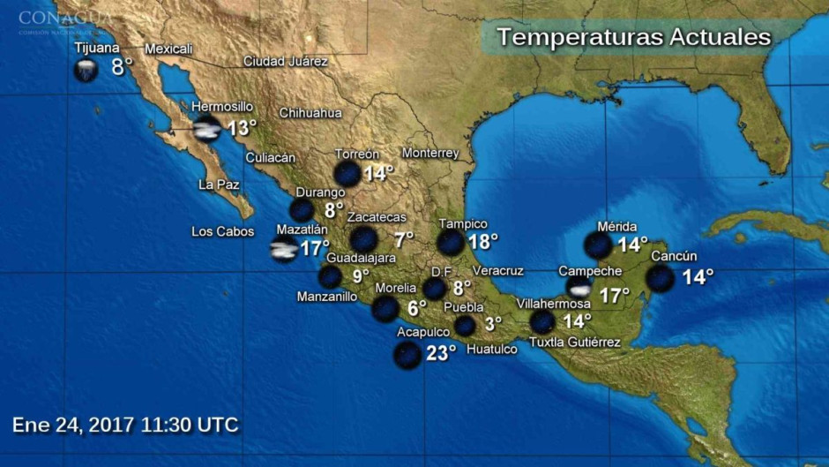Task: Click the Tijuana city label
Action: pyautogui.click(x=97, y=48)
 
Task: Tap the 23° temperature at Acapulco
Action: pyautogui.click(x=440, y=353)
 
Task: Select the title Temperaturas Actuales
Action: pyautogui.click(x=633, y=37)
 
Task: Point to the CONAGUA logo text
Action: pyautogui.click(x=65, y=18)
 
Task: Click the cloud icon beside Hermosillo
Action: pyautogui.click(x=207, y=130)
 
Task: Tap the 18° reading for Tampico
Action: pyautogui.click(x=482, y=240)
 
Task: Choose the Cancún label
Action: pyautogui.click(x=675, y=256)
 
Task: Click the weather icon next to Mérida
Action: pyautogui.click(x=599, y=245)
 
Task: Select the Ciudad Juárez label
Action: pyautogui.click(x=286, y=62)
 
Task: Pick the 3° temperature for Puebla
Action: pyautogui.click(x=492, y=324)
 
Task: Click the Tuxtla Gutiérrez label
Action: pyautogui.click(x=574, y=343)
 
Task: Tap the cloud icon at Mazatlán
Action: pyautogui.click(x=284, y=249)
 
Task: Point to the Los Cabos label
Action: pyautogui.click(x=222, y=232)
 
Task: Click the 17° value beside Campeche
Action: pyautogui.click(x=614, y=295)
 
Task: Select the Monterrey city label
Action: pyautogui.click(x=430, y=153)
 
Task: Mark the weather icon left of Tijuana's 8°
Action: pyautogui.click(x=86, y=70)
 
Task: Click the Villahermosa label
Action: pyautogui.click(x=553, y=304)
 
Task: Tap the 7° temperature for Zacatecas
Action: pyautogui.click(x=404, y=239)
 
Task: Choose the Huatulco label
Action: pyautogui.click(x=491, y=350)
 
